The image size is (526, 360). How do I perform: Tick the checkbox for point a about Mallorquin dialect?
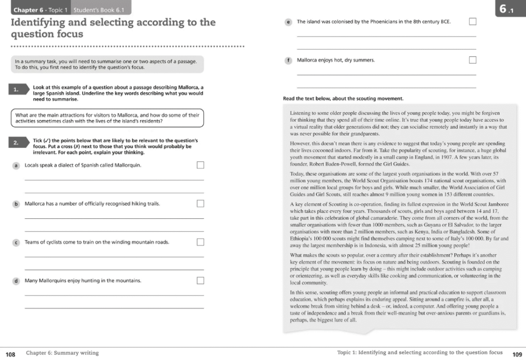click(200, 165)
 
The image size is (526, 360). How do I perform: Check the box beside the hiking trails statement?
click(200, 203)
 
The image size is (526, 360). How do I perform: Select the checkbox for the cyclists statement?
click(200, 242)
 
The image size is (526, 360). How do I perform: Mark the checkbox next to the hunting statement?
click(200, 280)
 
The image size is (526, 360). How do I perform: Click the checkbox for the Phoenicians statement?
click(473, 22)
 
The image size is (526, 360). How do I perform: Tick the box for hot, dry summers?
click(473, 60)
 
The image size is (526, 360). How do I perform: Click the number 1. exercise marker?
click(16, 90)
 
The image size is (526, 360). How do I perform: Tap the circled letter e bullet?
click(289, 22)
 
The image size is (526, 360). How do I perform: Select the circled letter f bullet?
click(289, 60)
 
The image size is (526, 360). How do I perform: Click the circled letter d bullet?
click(16, 281)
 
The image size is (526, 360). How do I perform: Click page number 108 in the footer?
click(10, 353)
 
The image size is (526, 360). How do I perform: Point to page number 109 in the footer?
click(517, 353)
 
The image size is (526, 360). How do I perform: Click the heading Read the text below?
click(343, 98)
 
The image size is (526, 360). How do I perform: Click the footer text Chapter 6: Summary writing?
click(62, 353)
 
